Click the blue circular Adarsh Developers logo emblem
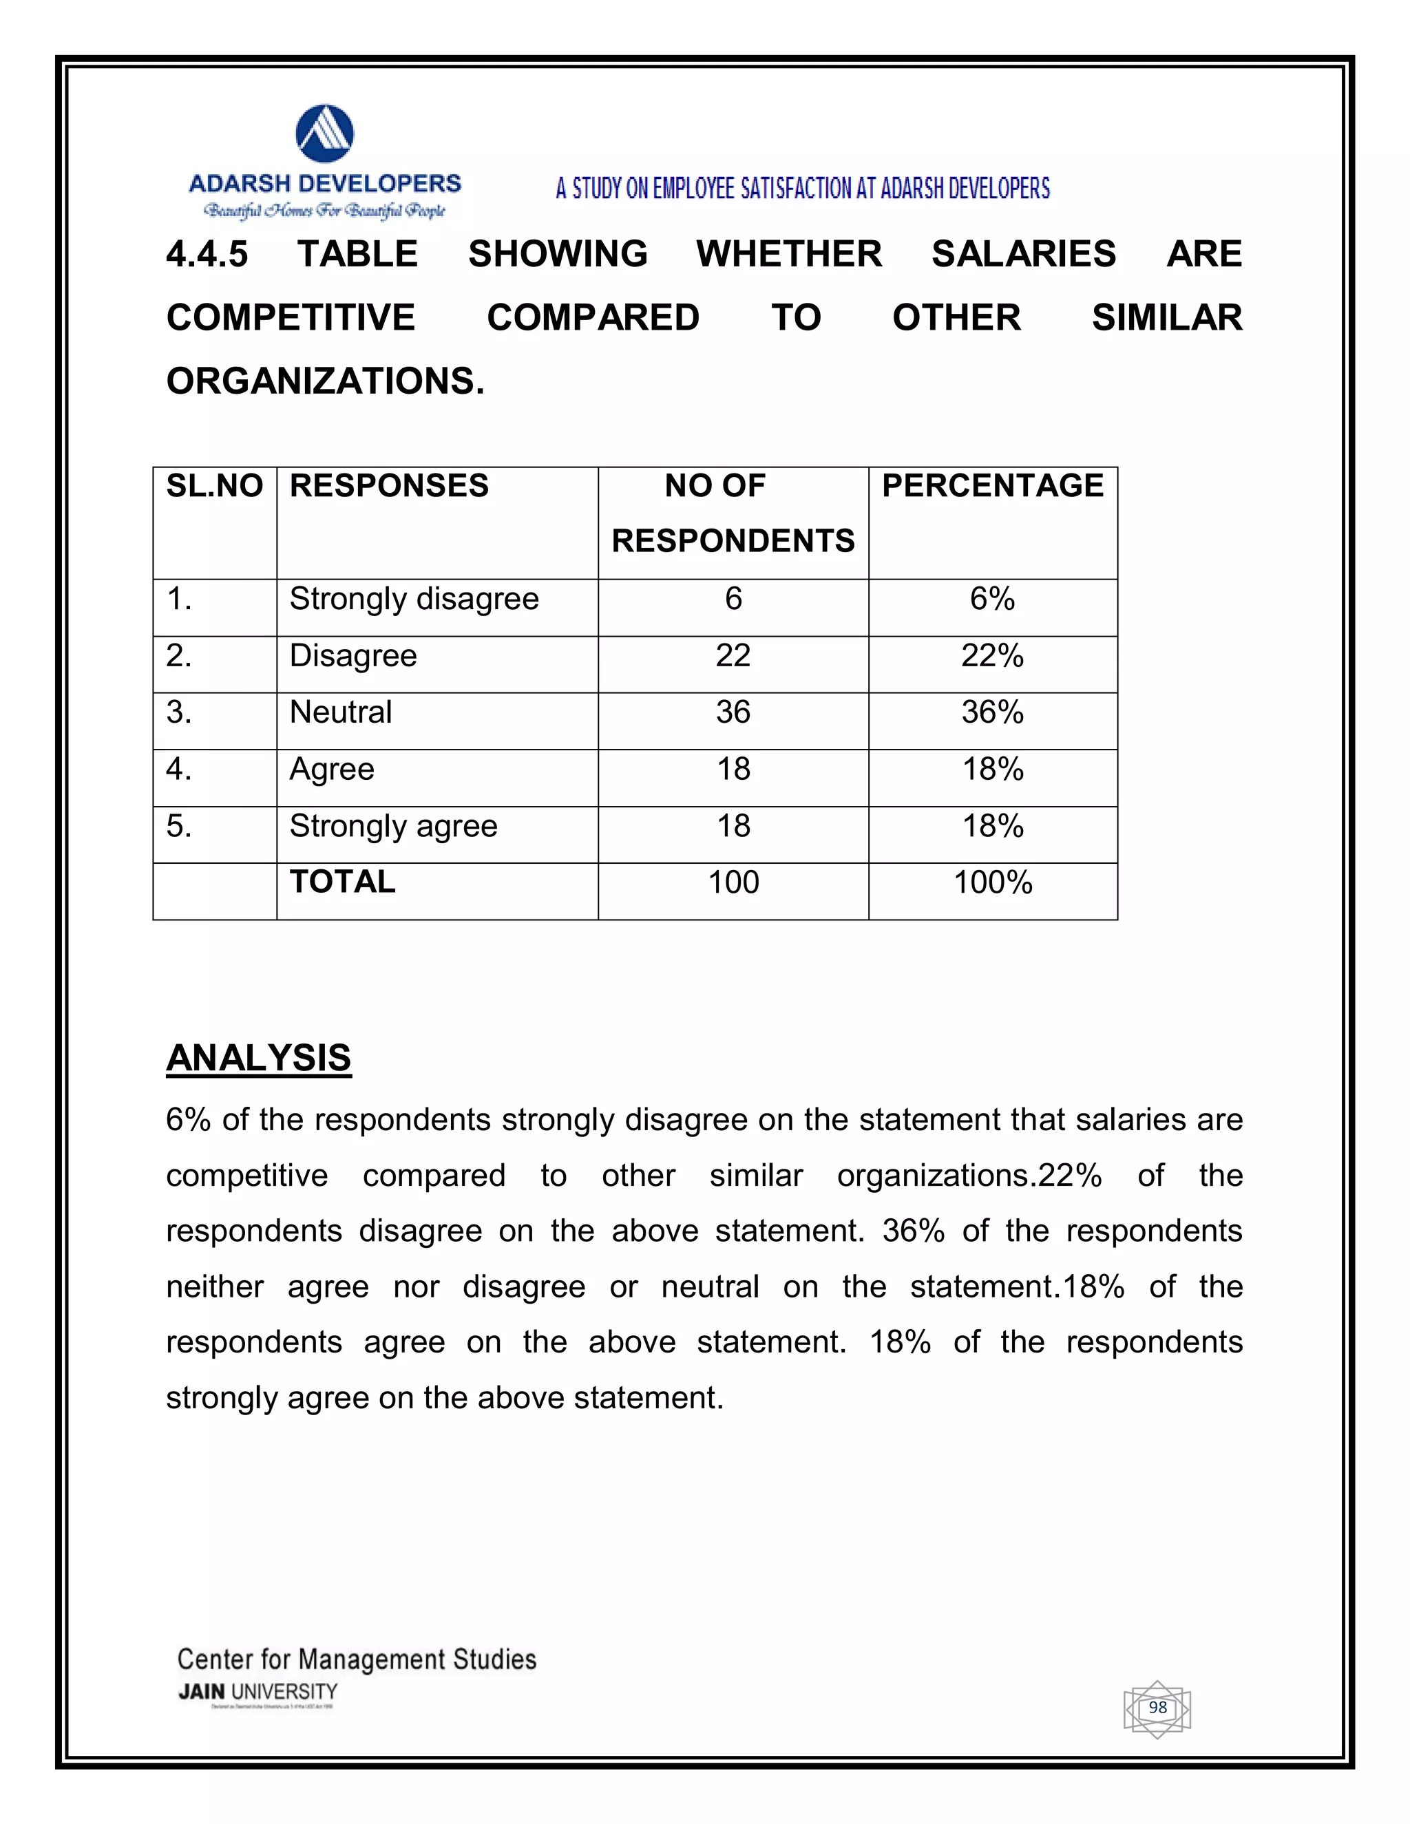pyautogui.click(x=325, y=134)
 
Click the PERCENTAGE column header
pyautogui.click(x=992, y=486)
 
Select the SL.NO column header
pyautogui.click(x=215, y=486)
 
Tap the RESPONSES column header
pyautogui.click(x=389, y=486)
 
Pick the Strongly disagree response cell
pyautogui.click(x=414, y=600)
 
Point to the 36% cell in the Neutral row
pyautogui.click(x=992, y=712)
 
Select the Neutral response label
pyautogui.click(x=341, y=712)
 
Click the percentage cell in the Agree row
pyautogui.click(x=992, y=770)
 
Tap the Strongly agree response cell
pyautogui.click(x=393, y=827)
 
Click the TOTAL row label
pyautogui.click(x=342, y=882)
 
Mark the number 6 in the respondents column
pyautogui.click(x=733, y=599)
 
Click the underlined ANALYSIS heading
pyautogui.click(x=259, y=1058)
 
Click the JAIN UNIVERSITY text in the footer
pyautogui.click(x=258, y=1691)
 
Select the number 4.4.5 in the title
pyautogui.click(x=207, y=255)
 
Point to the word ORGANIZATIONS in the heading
pyautogui.click(x=325, y=382)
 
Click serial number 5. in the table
pyautogui.click(x=179, y=827)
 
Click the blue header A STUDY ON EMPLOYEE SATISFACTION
pyautogui.click(x=802, y=189)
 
